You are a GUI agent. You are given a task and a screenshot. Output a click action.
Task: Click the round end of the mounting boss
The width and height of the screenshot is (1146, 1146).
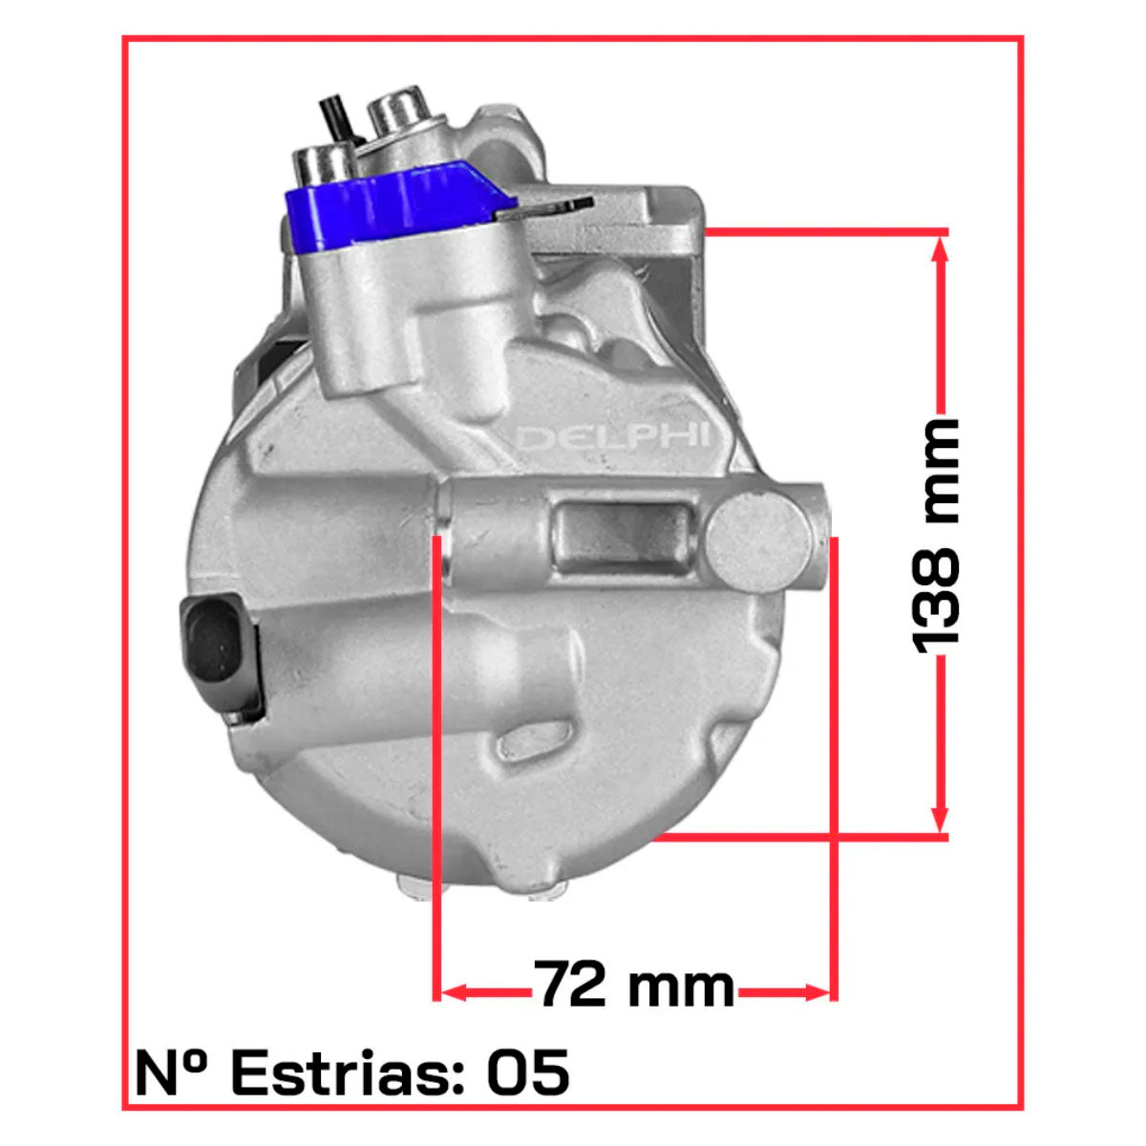click(759, 543)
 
